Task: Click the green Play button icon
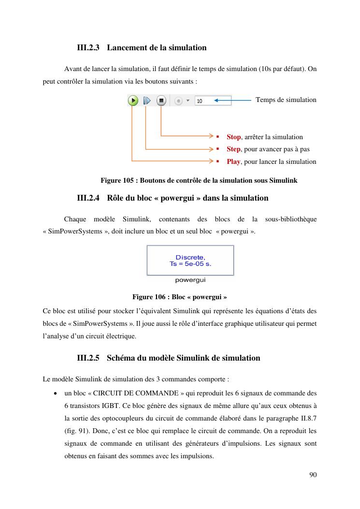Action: (133, 101)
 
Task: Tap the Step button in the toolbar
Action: (147, 101)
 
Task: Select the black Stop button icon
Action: (161, 101)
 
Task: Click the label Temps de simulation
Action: (286, 100)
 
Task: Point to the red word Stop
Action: (233, 137)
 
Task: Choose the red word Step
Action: (233, 149)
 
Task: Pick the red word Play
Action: (233, 161)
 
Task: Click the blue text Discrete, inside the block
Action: (190, 257)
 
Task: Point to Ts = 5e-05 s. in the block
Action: (190, 264)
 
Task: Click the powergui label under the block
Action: (190, 280)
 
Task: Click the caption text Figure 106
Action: (149, 297)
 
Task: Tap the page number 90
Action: (313, 475)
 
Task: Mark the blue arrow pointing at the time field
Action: (234, 101)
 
